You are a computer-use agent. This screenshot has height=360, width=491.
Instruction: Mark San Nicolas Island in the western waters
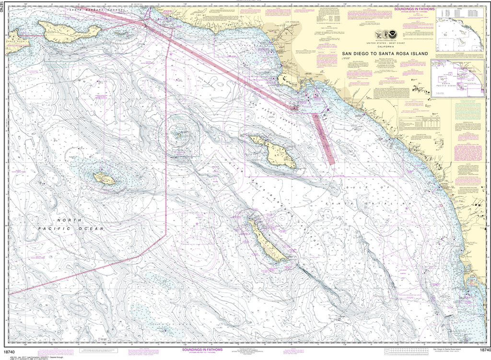pyautogui.click(x=105, y=179)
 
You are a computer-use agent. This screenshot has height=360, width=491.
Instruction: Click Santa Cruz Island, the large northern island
pyautogui.click(x=72, y=31)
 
